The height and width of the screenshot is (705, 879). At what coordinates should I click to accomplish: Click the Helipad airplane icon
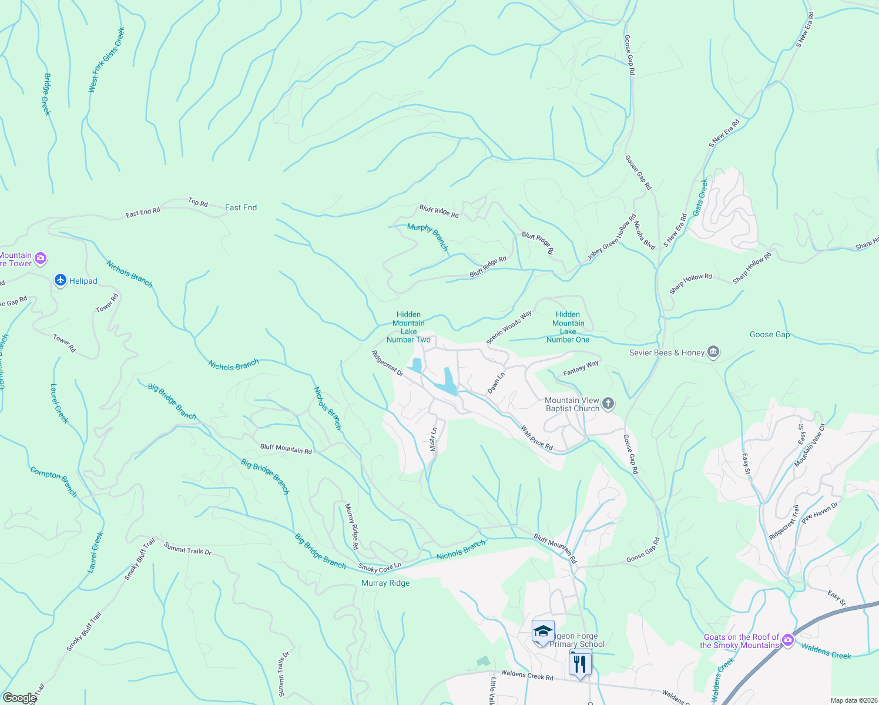61,281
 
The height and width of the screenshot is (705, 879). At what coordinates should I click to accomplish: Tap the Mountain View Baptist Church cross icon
608,404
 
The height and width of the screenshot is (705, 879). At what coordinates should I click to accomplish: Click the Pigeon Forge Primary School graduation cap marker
543,632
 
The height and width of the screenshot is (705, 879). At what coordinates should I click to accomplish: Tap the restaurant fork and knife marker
580,664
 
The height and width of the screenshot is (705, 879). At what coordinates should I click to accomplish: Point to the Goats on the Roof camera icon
788,640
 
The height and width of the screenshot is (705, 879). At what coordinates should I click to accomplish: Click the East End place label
241,207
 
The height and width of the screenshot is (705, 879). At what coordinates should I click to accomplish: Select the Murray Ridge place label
385,583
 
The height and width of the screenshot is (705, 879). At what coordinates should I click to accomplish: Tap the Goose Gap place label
770,334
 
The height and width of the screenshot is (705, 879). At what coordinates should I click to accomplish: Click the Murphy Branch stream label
428,236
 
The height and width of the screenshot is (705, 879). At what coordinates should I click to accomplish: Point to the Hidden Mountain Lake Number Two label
408,327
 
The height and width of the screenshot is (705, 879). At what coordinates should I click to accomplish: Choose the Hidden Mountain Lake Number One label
568,327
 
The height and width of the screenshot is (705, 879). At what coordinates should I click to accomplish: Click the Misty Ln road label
434,439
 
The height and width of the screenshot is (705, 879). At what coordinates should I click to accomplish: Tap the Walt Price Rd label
537,438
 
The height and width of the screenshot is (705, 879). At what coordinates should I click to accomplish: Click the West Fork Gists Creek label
106,60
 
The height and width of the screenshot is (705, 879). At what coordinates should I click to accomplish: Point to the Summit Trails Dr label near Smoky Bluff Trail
187,549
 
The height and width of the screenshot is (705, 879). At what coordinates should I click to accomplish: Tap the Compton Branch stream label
53,482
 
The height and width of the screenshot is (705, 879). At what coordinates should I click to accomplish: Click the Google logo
19,698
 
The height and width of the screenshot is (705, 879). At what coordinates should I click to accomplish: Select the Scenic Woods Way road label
509,328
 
